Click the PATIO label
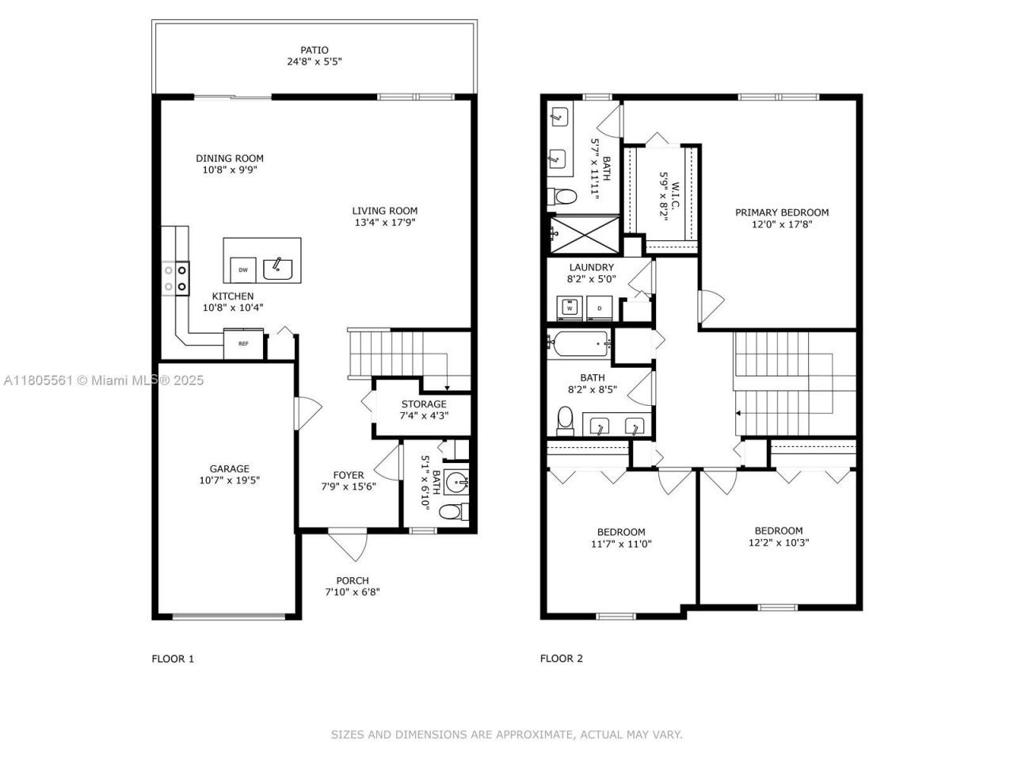[314, 50]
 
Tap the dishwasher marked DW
[243, 270]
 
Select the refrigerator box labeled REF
[243, 343]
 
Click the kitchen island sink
[278, 269]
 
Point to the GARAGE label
[229, 468]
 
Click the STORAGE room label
[424, 404]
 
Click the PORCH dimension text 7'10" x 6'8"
[353, 591]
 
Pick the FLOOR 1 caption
[173, 658]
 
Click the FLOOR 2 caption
[562, 658]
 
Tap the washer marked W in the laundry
[569, 307]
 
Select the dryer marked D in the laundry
[600, 307]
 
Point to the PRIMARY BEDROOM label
[781, 212]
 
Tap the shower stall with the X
[586, 231]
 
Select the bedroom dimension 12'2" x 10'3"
[778, 543]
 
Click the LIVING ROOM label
[384, 211]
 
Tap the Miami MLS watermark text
[104, 380]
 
